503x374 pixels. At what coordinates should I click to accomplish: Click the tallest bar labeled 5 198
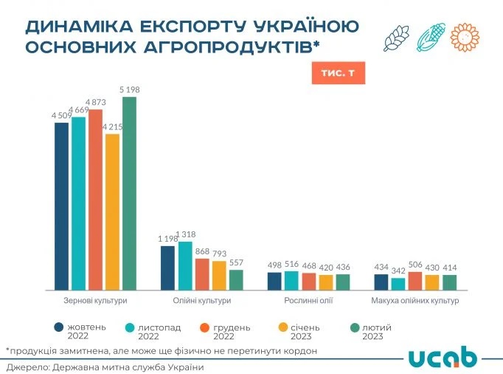pos(129,193)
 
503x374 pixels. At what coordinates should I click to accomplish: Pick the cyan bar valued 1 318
pos(185,265)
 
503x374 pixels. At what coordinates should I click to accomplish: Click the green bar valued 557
pos(236,279)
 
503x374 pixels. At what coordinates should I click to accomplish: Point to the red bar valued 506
pos(415,281)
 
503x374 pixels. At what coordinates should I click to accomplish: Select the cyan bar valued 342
pos(398,284)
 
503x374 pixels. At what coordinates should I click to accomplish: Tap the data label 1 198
pos(169,239)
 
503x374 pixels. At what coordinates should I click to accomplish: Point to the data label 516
pos(291,264)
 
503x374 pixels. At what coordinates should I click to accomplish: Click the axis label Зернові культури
pos(95,301)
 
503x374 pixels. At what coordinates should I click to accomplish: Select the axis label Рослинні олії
pos(308,301)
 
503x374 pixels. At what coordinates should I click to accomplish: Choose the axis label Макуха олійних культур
pos(416,301)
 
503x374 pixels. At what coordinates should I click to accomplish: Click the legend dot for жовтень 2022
pos(58,327)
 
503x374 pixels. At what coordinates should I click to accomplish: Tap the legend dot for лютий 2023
pos(354,327)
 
